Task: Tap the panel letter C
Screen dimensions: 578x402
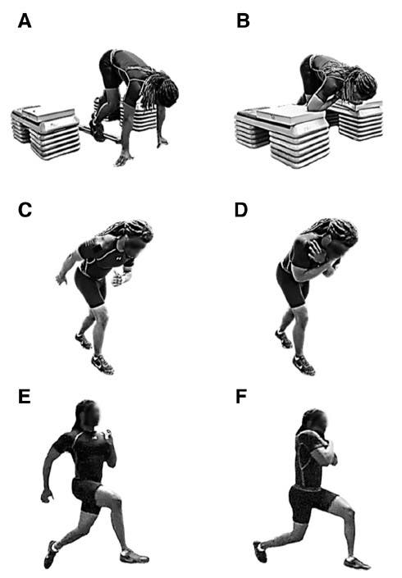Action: tap(25, 210)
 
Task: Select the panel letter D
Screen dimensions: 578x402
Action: tap(242, 210)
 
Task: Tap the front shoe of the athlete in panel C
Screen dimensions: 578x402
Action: tap(103, 363)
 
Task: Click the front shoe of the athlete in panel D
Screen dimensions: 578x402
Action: tap(304, 363)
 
